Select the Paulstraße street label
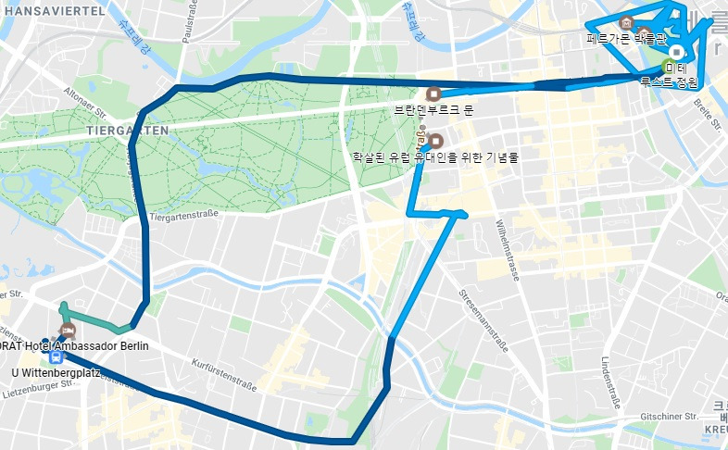(193, 26)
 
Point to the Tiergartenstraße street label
(183, 217)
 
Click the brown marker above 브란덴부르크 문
(433, 94)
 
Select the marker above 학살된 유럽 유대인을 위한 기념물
(436, 141)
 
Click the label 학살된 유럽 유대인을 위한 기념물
(434, 156)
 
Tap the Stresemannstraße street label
(483, 320)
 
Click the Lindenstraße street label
(609, 381)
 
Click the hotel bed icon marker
(67, 331)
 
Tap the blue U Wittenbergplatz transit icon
(56, 356)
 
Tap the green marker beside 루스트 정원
(668, 67)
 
